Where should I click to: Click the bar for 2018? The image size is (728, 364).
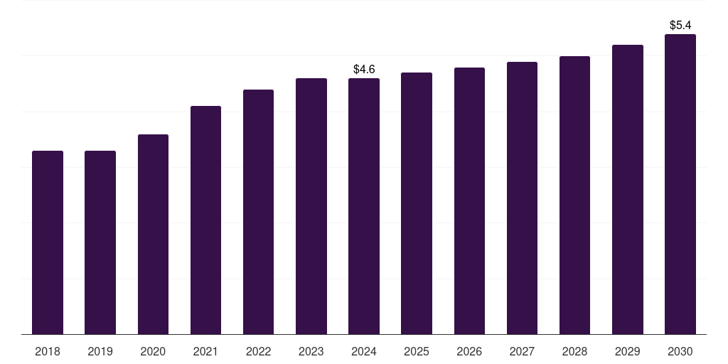pyautogui.click(x=48, y=242)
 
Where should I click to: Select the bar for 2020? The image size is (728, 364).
pyautogui.click(x=153, y=234)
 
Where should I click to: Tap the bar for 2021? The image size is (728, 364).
pyautogui.click(x=205, y=220)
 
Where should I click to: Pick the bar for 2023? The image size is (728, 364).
pyautogui.click(x=311, y=206)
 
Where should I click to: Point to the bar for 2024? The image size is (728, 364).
pyautogui.click(x=364, y=206)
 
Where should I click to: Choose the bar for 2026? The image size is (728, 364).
pyautogui.click(x=469, y=200)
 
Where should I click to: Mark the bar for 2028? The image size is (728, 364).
pyautogui.click(x=574, y=195)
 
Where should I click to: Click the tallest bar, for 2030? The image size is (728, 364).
pyautogui.click(x=680, y=184)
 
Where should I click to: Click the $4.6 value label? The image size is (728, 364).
pyautogui.click(x=364, y=69)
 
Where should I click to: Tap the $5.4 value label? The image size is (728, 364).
pyautogui.click(x=680, y=25)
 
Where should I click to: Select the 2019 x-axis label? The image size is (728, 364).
pyautogui.click(x=100, y=351)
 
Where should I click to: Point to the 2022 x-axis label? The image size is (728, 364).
pyautogui.click(x=258, y=351)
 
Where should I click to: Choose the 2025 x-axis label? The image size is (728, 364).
pyautogui.click(x=417, y=351)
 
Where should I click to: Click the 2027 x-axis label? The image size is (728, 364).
pyautogui.click(x=522, y=351)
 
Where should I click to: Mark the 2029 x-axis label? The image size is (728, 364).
pyautogui.click(x=627, y=351)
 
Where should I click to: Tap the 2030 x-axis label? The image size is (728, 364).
pyautogui.click(x=680, y=351)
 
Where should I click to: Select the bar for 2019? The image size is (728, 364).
pyautogui.click(x=100, y=242)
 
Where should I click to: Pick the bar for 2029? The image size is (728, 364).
pyautogui.click(x=627, y=189)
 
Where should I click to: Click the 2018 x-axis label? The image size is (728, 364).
pyautogui.click(x=48, y=351)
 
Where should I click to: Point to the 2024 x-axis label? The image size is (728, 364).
pyautogui.click(x=364, y=351)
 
